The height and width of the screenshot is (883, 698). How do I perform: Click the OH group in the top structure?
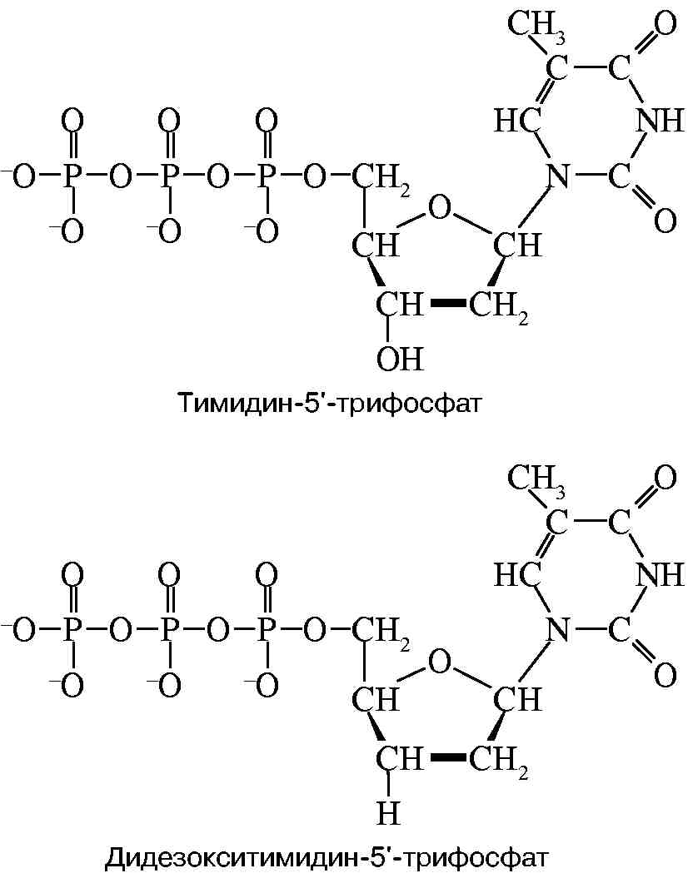pos(401,359)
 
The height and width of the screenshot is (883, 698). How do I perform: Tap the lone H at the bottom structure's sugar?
pos(388,812)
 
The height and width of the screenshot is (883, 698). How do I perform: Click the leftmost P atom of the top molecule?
pos(72,176)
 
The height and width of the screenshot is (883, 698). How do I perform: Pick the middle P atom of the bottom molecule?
pos(168,630)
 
